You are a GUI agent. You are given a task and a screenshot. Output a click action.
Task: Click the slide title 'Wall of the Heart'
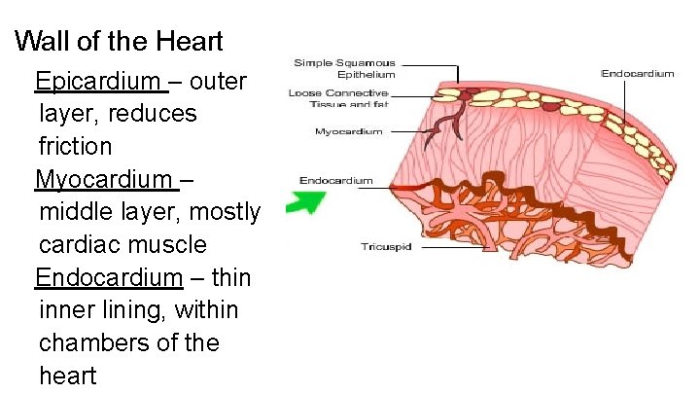(120, 42)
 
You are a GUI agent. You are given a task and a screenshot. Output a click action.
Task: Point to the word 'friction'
(76, 146)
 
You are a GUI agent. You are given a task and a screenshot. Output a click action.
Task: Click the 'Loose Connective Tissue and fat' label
(338, 98)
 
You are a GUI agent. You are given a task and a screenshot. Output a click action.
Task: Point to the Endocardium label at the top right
(638, 73)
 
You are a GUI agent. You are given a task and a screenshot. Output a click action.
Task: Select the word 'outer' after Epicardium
(220, 81)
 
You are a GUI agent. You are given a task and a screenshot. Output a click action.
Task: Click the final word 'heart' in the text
(68, 376)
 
